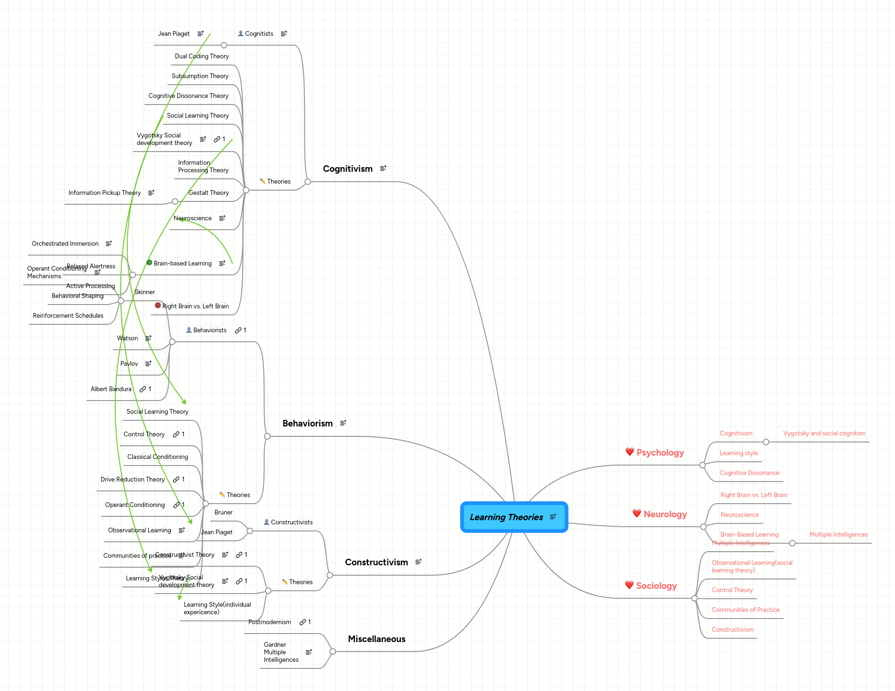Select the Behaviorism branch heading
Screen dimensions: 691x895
[x=307, y=424]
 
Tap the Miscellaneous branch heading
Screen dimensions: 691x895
[x=376, y=639]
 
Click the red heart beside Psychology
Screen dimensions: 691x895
[x=630, y=452]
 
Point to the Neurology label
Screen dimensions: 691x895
[x=665, y=514]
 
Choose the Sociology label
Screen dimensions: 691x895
[x=656, y=586]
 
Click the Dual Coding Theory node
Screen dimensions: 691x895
[x=201, y=56]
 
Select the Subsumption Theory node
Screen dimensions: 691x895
[x=200, y=76]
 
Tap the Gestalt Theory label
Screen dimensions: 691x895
[x=208, y=193]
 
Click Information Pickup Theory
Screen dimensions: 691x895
[x=104, y=193]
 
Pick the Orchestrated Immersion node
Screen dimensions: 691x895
[x=65, y=244]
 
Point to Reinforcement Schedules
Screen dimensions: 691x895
[x=68, y=316]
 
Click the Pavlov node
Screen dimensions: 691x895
[x=129, y=364]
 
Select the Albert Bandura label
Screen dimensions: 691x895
[x=111, y=389]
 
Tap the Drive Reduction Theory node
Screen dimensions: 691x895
[x=132, y=480]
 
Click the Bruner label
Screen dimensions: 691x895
[x=223, y=513]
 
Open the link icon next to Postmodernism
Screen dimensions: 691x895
[x=303, y=622]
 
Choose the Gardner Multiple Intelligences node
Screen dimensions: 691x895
[x=281, y=652]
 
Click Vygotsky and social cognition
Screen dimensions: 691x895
[x=824, y=434]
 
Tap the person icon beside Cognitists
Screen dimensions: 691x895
[x=240, y=33]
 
